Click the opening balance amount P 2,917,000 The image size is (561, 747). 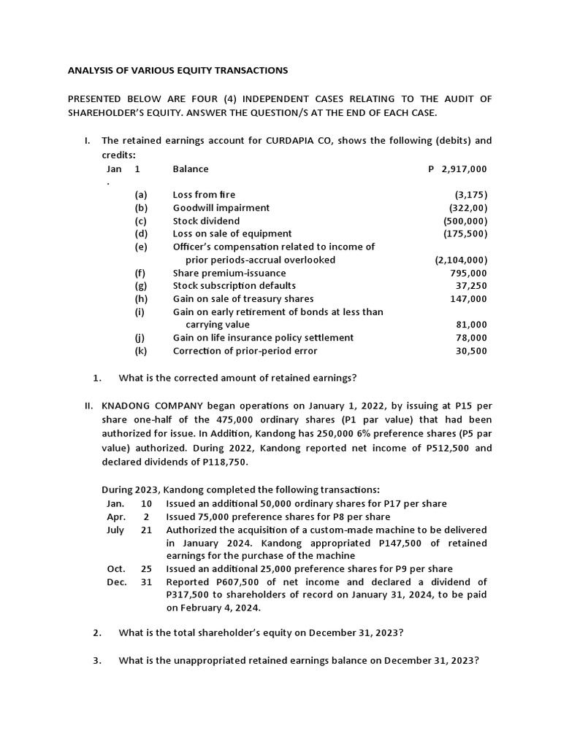[457, 169]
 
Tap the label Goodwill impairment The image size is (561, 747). [221, 208]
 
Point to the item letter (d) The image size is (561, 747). [141, 234]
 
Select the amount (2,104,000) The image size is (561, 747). [461, 260]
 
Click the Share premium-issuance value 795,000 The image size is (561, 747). [470, 273]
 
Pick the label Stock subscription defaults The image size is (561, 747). [234, 286]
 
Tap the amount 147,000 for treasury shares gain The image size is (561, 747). [470, 299]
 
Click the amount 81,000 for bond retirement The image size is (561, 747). [473, 325]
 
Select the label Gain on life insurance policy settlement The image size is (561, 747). [263, 338]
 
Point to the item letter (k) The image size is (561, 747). [141, 351]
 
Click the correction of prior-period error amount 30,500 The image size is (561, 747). [473, 351]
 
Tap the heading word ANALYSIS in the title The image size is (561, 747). [91, 71]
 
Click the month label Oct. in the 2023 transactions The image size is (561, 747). [116, 569]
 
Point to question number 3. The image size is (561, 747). [96, 661]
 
